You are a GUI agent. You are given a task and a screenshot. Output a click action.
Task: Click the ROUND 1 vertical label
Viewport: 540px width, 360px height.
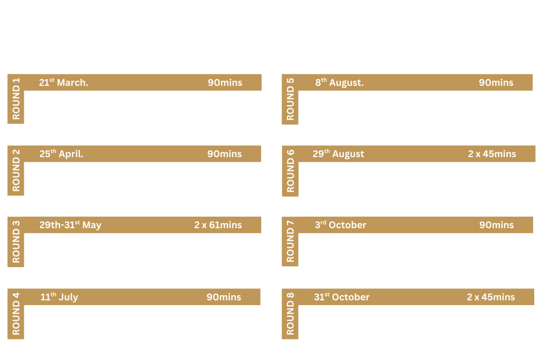(16, 99)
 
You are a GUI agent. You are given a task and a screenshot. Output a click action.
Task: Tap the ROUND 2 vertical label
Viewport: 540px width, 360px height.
(16, 170)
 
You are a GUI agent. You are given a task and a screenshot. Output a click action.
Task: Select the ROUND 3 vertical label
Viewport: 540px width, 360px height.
(16, 241)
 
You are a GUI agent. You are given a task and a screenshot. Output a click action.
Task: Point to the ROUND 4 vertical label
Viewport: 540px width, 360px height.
(16, 314)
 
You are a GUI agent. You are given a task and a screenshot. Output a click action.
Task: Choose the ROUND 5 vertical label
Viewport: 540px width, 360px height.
(291, 99)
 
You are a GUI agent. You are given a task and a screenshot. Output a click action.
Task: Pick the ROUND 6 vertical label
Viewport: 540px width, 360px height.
(291, 171)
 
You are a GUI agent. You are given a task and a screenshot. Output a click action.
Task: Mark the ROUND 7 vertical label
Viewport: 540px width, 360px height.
(291, 241)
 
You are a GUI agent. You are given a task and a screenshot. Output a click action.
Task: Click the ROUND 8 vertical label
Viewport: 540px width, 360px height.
(291, 314)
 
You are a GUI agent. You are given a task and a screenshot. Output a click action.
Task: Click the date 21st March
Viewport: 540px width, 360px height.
(63, 82)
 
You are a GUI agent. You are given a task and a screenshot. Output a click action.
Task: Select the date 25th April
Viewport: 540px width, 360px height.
(61, 153)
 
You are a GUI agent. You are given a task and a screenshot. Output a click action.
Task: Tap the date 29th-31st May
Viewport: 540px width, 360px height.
(70, 225)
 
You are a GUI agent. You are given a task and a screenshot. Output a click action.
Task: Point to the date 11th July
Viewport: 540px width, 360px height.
(59, 297)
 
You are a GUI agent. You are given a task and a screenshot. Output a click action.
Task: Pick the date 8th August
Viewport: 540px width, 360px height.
(340, 82)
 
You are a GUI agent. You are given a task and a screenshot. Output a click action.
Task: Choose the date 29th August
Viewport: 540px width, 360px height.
(338, 153)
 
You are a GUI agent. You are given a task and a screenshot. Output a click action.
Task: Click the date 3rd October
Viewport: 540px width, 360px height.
(341, 225)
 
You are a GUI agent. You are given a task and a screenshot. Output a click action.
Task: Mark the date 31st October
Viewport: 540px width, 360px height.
(342, 297)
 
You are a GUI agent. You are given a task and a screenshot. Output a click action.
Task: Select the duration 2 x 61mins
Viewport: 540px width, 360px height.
(218, 225)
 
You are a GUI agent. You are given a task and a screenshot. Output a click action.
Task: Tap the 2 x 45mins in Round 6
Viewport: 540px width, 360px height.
(492, 153)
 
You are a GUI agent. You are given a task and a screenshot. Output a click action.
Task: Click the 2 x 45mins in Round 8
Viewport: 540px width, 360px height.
(491, 297)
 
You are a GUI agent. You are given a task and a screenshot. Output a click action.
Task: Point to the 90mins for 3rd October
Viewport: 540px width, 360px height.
(496, 225)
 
